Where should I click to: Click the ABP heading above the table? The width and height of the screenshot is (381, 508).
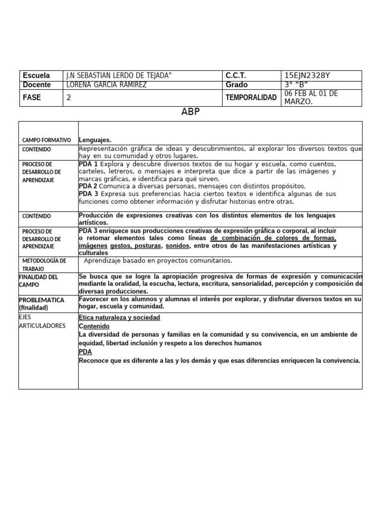pos(190,112)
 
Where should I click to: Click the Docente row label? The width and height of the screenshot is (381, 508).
pos(36,85)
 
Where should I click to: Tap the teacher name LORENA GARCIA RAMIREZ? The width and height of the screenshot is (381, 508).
pos(107,85)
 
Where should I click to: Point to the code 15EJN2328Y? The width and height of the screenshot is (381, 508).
pos(307,75)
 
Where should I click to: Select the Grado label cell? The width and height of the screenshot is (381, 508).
pos(237,85)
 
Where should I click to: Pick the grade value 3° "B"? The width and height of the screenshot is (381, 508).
pos(296,85)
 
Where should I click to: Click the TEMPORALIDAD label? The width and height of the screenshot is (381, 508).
pos(251,98)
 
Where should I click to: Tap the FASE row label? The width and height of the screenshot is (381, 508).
pos(31,98)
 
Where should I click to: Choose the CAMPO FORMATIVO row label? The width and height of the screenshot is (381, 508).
pos(47,140)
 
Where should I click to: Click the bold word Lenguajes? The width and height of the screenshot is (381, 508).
pos(95,140)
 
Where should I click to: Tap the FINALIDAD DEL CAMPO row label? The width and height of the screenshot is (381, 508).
pos(39,281)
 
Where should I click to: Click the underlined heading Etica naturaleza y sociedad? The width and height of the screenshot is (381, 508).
pos(120,317)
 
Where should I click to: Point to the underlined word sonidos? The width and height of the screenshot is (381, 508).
pos(177,246)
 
